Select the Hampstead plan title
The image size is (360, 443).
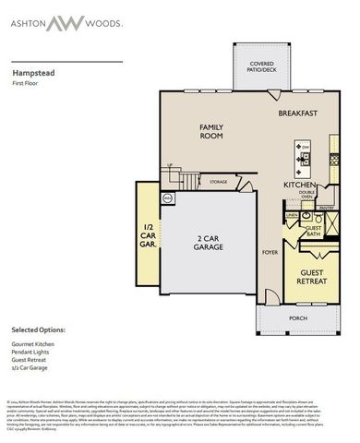coord(32,70)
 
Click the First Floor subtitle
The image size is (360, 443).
coord(25,83)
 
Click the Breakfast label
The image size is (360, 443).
coord(298,114)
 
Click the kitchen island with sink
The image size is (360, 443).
coord(303,158)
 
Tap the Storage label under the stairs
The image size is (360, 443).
coord(219,182)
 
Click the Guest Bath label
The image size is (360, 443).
coord(313,231)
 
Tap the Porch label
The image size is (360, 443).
coord(298,318)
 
